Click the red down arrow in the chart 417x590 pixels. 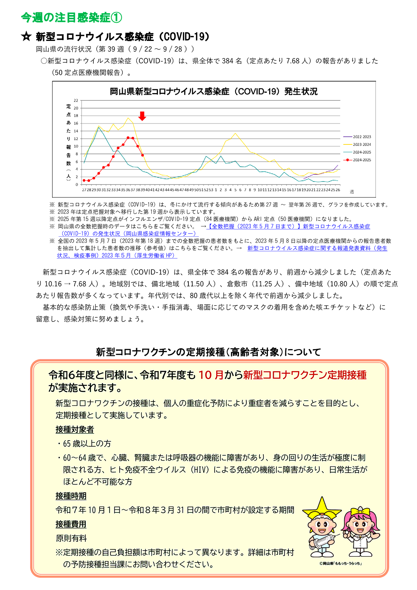click(x=142, y=116)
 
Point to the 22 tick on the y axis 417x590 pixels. click(x=76, y=100)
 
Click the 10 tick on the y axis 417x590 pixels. click(x=76, y=146)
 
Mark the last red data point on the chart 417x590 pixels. click(x=143, y=155)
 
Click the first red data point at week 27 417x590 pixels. click(x=84, y=180)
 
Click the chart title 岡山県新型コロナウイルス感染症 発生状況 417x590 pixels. click(x=214, y=92)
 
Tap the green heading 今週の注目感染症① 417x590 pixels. click(x=71, y=17)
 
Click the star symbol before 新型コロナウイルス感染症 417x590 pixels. click(x=26, y=37)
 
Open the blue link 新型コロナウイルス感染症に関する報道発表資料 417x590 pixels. click(x=317, y=248)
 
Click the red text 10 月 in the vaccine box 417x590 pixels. click(x=211, y=375)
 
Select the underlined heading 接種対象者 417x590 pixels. click(x=75, y=429)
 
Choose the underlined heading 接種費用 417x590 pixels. click(x=71, y=524)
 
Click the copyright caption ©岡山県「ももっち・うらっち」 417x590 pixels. click(x=340, y=563)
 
